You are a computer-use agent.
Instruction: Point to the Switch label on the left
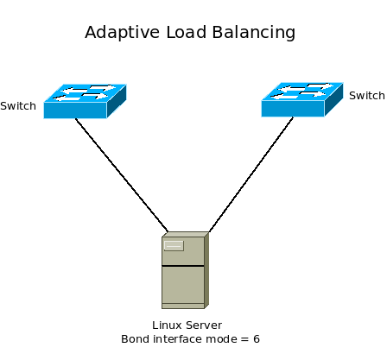pos(18,106)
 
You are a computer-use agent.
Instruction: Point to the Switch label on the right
pos(366,95)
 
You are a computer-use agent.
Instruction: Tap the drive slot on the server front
pos(174,245)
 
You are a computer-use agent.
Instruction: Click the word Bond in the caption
pos(136,339)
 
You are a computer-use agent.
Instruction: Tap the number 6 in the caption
pos(257,339)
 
